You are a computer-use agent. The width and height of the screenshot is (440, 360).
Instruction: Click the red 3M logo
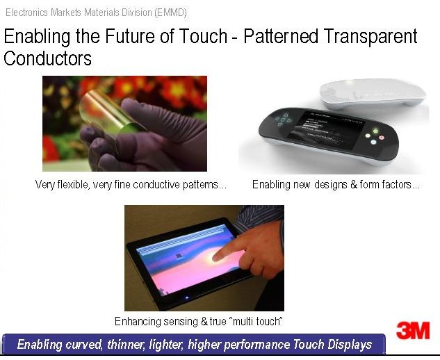pos(413,330)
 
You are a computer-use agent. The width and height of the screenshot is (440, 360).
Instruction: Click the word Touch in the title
pos(203,36)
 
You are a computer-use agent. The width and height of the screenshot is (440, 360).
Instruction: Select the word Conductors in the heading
pos(47,58)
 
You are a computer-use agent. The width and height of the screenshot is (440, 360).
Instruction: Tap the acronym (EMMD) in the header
pos(170,13)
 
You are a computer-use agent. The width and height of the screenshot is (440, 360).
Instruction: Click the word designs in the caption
pos(330,185)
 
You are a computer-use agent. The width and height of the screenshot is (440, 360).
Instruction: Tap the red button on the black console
pos(382,138)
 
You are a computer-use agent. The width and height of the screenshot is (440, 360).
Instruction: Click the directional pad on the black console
pos(283,120)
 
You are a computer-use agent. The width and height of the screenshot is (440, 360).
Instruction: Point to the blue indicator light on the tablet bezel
pos(187,297)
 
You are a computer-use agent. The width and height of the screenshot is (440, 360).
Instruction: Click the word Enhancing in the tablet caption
pos(138,321)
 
